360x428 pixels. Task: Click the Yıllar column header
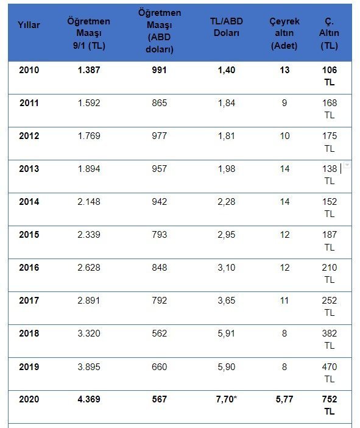(x=29, y=25)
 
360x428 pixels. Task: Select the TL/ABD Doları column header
(x=227, y=27)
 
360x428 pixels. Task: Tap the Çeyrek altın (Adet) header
(x=284, y=33)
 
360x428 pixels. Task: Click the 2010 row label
(x=29, y=70)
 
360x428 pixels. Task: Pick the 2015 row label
(x=29, y=235)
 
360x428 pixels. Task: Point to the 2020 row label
(x=29, y=399)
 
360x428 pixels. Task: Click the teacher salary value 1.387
(x=89, y=70)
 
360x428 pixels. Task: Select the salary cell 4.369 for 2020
(x=89, y=399)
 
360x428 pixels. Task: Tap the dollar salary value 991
(x=159, y=70)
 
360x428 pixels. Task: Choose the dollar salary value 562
(x=159, y=333)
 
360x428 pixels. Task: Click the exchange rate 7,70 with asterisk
(x=227, y=399)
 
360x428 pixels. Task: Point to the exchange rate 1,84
(x=227, y=103)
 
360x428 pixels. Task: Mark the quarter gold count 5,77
(x=284, y=399)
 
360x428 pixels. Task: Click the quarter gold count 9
(x=284, y=103)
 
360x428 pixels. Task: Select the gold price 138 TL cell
(x=330, y=175)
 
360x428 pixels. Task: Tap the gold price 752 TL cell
(x=330, y=405)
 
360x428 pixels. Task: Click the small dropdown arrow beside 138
(x=347, y=165)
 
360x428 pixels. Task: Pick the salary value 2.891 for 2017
(x=89, y=300)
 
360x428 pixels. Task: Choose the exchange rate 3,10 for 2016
(x=227, y=268)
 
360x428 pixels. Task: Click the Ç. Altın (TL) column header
(x=329, y=33)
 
